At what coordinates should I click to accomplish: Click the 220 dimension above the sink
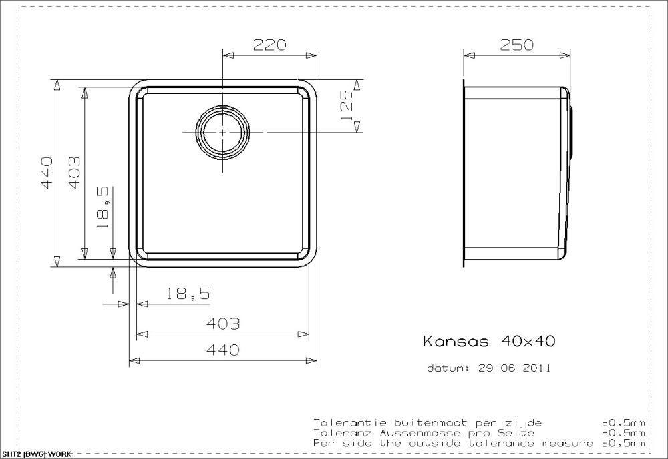click(x=270, y=45)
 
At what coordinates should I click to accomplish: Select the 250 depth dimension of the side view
click(x=516, y=45)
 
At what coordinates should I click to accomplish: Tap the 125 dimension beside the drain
click(x=347, y=105)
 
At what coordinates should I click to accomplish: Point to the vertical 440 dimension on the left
click(x=47, y=173)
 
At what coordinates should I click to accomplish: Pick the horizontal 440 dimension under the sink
click(x=223, y=350)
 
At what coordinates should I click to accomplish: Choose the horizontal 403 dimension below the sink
click(x=223, y=324)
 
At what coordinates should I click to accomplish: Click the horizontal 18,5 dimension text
click(x=188, y=293)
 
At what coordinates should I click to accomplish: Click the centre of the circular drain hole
click(x=223, y=132)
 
